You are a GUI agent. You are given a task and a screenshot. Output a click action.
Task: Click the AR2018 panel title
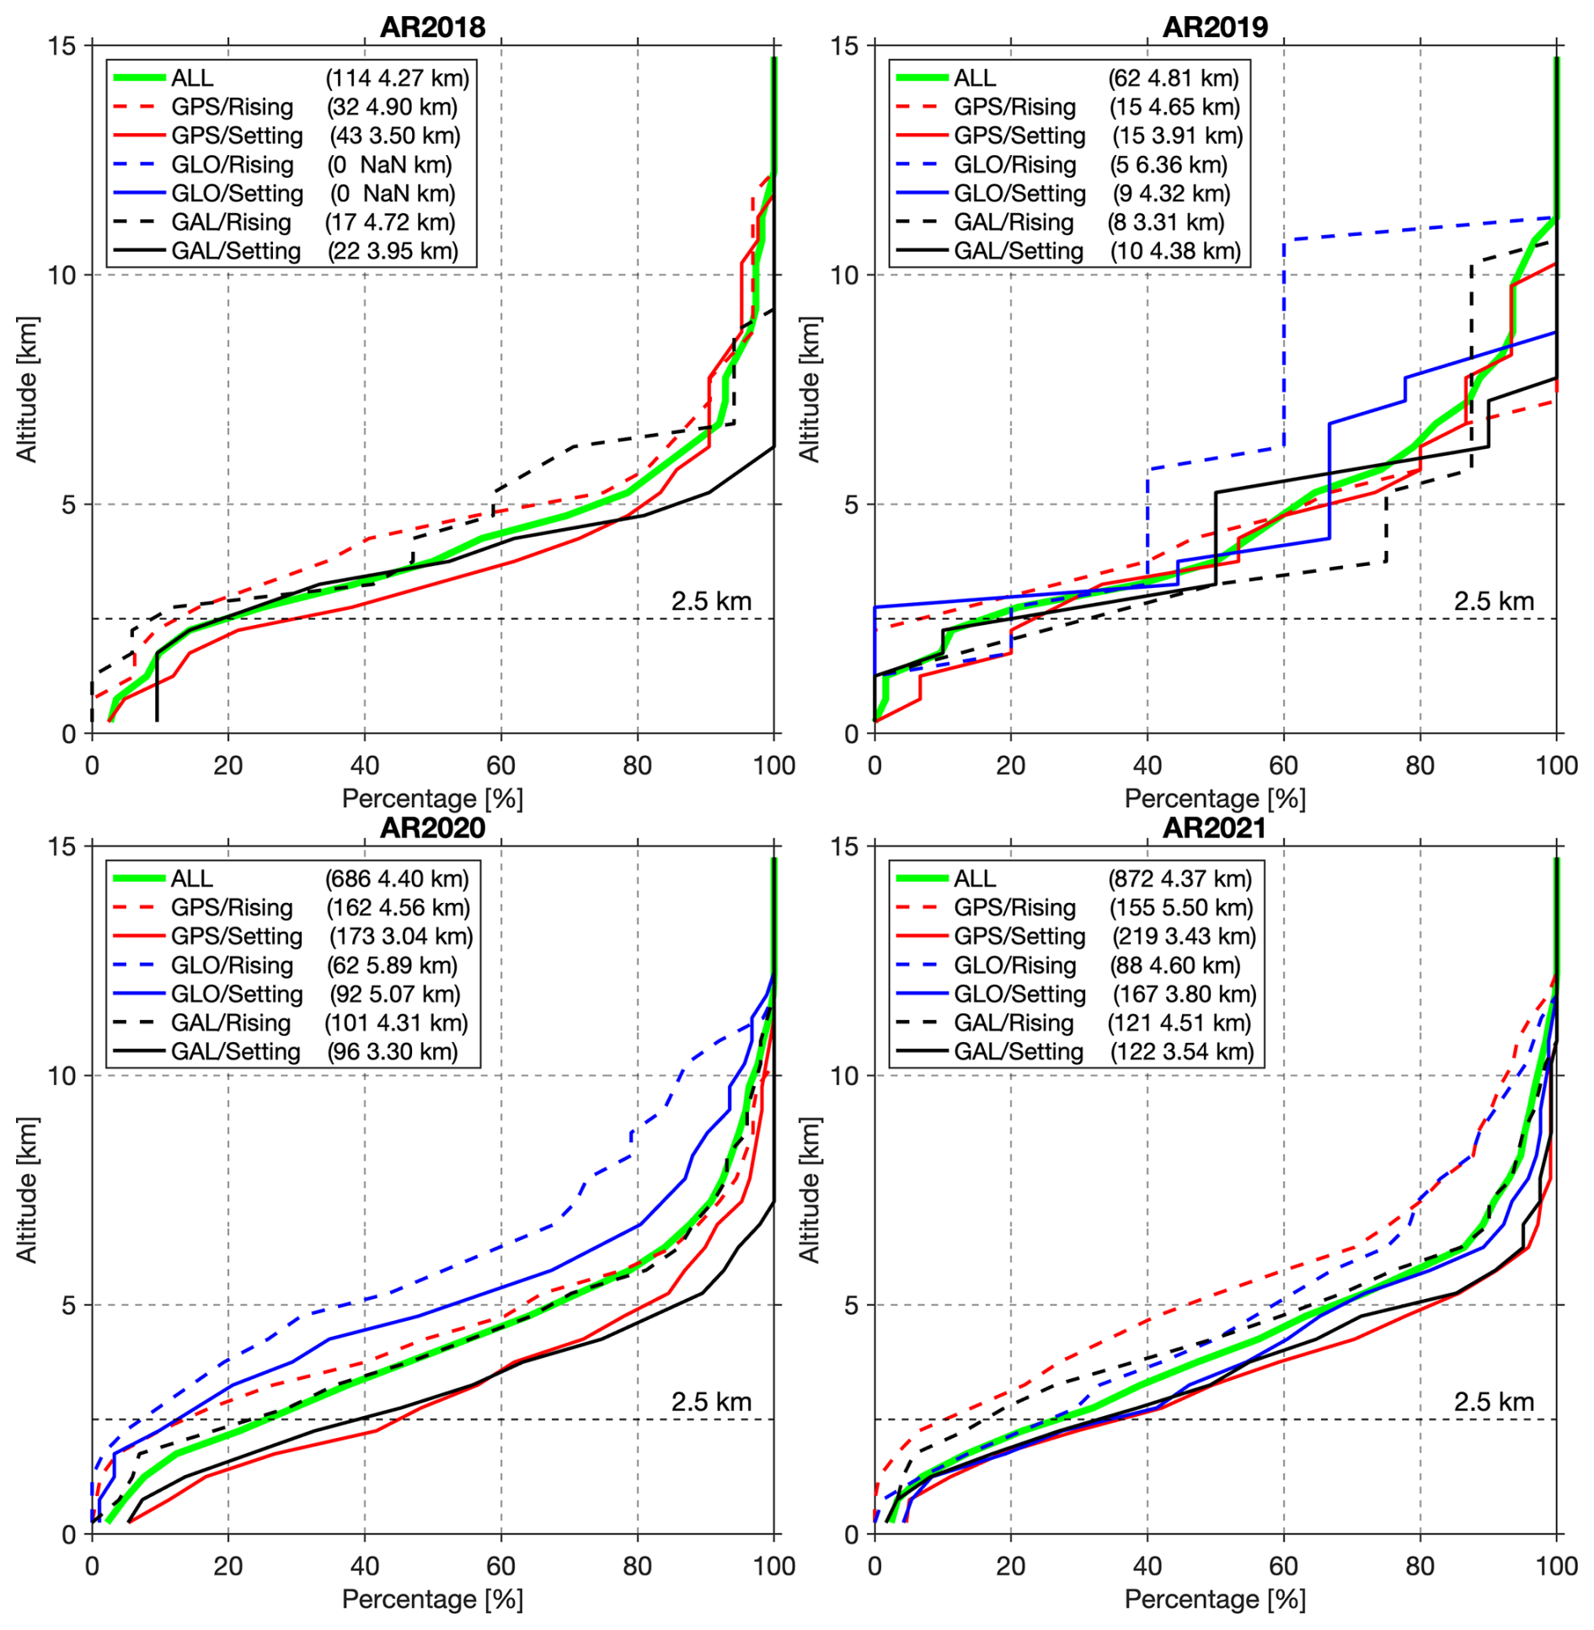pyautogui.click(x=432, y=27)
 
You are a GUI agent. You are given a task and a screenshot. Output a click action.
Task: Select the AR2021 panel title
pyautogui.click(x=1214, y=828)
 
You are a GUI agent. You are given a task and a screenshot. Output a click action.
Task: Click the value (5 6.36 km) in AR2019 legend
pyautogui.click(x=1168, y=164)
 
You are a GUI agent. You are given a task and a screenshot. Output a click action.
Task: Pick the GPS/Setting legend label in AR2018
pyautogui.click(x=237, y=136)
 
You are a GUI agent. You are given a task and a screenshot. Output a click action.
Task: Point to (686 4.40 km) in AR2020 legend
pyautogui.click(x=396, y=879)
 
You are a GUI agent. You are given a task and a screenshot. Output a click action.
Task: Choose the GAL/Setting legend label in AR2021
pyautogui.click(x=1019, y=1051)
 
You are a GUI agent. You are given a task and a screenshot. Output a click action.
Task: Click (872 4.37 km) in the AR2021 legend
pyautogui.click(x=1179, y=879)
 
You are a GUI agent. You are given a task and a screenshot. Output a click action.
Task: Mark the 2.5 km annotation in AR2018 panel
pyautogui.click(x=711, y=601)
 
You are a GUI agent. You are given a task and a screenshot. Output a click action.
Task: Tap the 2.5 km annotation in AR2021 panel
pyautogui.click(x=1494, y=1402)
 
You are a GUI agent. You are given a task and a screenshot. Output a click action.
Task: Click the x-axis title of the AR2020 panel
pyautogui.click(x=432, y=1599)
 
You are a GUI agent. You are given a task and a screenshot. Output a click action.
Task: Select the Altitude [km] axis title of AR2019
pyautogui.click(x=810, y=389)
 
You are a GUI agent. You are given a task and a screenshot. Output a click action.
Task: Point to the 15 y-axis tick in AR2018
pyautogui.click(x=62, y=45)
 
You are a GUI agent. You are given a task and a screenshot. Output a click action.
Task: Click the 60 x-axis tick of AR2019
pyautogui.click(x=1283, y=766)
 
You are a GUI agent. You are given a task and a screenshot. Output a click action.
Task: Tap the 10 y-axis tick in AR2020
pyautogui.click(x=62, y=1076)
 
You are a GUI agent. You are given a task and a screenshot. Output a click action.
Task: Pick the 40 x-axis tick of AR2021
pyautogui.click(x=1147, y=1566)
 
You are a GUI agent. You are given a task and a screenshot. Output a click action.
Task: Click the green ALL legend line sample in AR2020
pyautogui.click(x=139, y=879)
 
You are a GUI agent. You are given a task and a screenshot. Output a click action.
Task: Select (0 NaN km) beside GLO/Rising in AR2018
pyautogui.click(x=389, y=164)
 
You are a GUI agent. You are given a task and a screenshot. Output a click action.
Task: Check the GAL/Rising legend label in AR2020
pyautogui.click(x=231, y=1023)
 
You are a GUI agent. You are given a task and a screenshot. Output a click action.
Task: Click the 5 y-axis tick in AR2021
pyautogui.click(x=851, y=1305)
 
